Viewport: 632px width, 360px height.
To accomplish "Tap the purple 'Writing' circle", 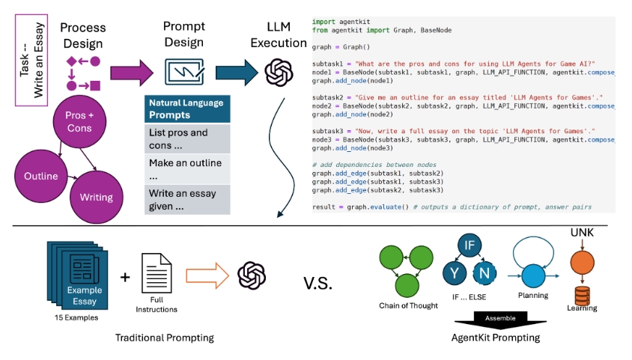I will pyautogui.click(x=95, y=198).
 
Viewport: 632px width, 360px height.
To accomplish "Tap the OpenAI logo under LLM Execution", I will pyautogui.click(x=279, y=73).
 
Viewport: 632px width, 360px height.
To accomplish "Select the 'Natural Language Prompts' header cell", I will pyautogui.click(x=187, y=109).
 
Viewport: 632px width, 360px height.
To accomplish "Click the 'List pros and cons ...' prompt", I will pyautogui.click(x=187, y=138).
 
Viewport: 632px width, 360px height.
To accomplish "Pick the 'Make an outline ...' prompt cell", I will pyautogui.click(x=187, y=168).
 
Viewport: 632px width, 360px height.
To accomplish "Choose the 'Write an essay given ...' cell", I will pyautogui.click(x=187, y=199).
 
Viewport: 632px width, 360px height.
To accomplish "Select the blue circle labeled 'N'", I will pyautogui.click(x=485, y=272).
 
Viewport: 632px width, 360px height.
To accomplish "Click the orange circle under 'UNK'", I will pyautogui.click(x=582, y=264).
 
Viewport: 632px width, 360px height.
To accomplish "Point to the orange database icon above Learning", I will pyautogui.click(x=582, y=293).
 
